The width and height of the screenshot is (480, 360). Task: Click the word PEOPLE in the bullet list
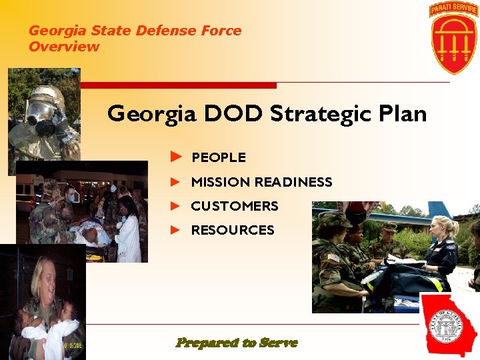[219, 158]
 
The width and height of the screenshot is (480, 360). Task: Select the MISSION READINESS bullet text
[261, 182]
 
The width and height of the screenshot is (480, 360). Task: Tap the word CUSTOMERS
[235, 206]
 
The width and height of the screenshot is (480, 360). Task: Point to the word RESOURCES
[233, 230]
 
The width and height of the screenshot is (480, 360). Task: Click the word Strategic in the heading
[319, 114]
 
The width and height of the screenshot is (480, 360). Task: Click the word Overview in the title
[64, 47]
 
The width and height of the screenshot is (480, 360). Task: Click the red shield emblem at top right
[453, 43]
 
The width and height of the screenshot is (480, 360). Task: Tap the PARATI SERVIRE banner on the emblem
[453, 9]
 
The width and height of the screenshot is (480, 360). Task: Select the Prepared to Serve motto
[237, 343]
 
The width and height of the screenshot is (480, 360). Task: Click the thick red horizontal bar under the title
[177, 85]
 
